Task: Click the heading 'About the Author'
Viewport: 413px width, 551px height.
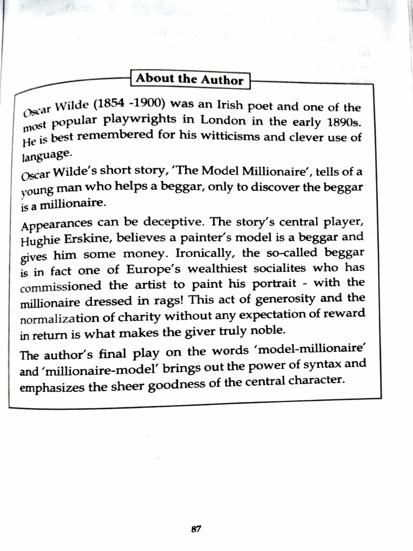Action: [189, 79]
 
